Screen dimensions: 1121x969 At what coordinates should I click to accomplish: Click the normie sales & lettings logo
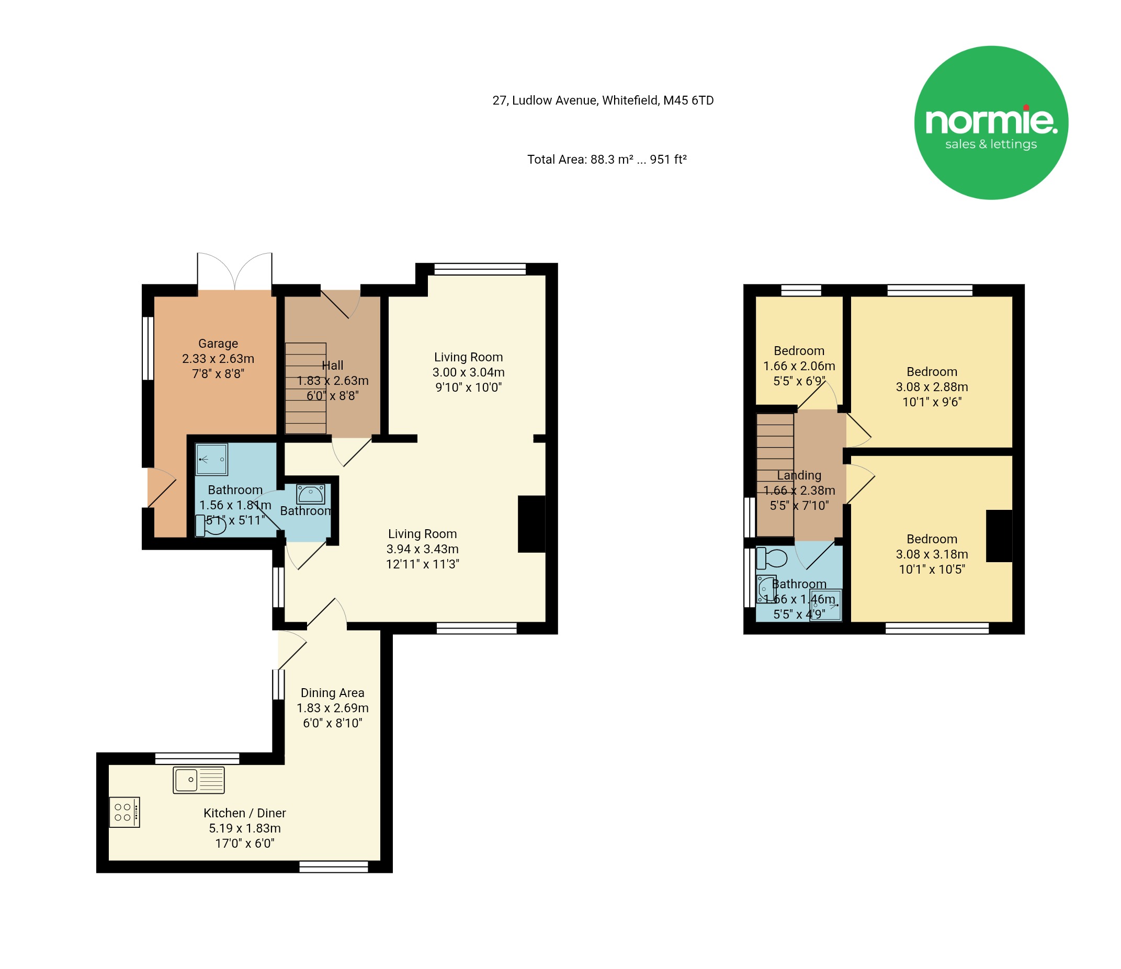point(991,123)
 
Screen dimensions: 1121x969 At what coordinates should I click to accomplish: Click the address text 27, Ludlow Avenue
point(545,100)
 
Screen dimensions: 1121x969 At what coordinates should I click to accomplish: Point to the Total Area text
point(607,159)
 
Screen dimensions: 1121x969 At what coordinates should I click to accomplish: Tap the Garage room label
point(218,344)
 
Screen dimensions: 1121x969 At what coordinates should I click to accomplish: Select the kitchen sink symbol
point(199,780)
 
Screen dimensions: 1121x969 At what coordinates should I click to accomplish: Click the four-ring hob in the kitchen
point(124,812)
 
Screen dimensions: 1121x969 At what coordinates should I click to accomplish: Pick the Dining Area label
point(333,693)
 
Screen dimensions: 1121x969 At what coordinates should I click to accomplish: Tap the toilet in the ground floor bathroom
point(210,526)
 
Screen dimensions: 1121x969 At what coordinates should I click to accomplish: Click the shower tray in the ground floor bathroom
point(211,460)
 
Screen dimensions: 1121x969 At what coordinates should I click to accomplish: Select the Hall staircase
point(305,388)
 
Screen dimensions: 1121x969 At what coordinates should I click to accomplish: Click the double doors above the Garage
point(235,271)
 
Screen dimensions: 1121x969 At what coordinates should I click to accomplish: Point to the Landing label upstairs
point(799,475)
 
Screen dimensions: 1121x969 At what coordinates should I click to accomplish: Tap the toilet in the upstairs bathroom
point(772,558)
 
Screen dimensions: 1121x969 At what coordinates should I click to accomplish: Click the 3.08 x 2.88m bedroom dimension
point(932,386)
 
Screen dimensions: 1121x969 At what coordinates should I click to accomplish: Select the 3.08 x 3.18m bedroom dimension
point(932,554)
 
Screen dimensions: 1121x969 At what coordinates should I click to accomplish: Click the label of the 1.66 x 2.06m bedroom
point(799,351)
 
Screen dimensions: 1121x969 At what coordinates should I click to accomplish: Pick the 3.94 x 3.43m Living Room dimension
point(423,549)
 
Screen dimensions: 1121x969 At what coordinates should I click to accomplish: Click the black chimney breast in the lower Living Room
point(532,524)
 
